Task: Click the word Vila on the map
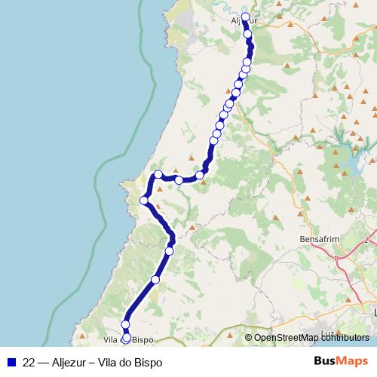[100, 340]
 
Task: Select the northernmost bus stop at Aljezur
[245, 17]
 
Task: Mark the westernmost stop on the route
[143, 201]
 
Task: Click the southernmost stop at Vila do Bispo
[126, 339]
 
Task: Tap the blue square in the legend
[11, 361]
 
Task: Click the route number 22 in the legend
[29, 361]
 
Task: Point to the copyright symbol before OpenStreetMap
[248, 338]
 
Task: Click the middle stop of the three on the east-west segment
[179, 179]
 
